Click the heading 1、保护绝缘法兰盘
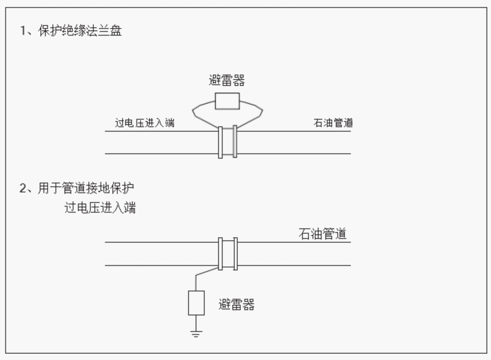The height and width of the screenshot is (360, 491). (x=70, y=30)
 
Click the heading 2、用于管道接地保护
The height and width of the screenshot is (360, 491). (x=76, y=187)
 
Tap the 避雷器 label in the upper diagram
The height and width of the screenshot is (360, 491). (x=227, y=80)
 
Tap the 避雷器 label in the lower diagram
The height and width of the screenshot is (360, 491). (x=237, y=304)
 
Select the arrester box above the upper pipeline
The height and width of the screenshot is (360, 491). (x=227, y=101)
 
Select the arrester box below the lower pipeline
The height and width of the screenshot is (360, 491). (x=196, y=303)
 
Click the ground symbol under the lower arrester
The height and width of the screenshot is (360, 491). (x=196, y=333)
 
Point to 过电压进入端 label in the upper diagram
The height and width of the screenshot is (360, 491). (x=144, y=123)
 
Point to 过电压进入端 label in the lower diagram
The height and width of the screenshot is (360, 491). (x=100, y=207)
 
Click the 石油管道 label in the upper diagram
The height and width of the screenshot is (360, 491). (x=333, y=123)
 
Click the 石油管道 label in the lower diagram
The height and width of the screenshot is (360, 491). (x=322, y=234)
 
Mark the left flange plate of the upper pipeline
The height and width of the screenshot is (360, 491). (x=220, y=142)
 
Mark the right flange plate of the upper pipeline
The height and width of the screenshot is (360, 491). (x=235, y=141)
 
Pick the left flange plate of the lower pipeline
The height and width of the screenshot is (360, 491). (x=220, y=253)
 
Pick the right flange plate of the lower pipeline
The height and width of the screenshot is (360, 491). (x=235, y=253)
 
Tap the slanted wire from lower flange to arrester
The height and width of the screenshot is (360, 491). (x=206, y=271)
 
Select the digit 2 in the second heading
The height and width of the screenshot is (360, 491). (x=23, y=187)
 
